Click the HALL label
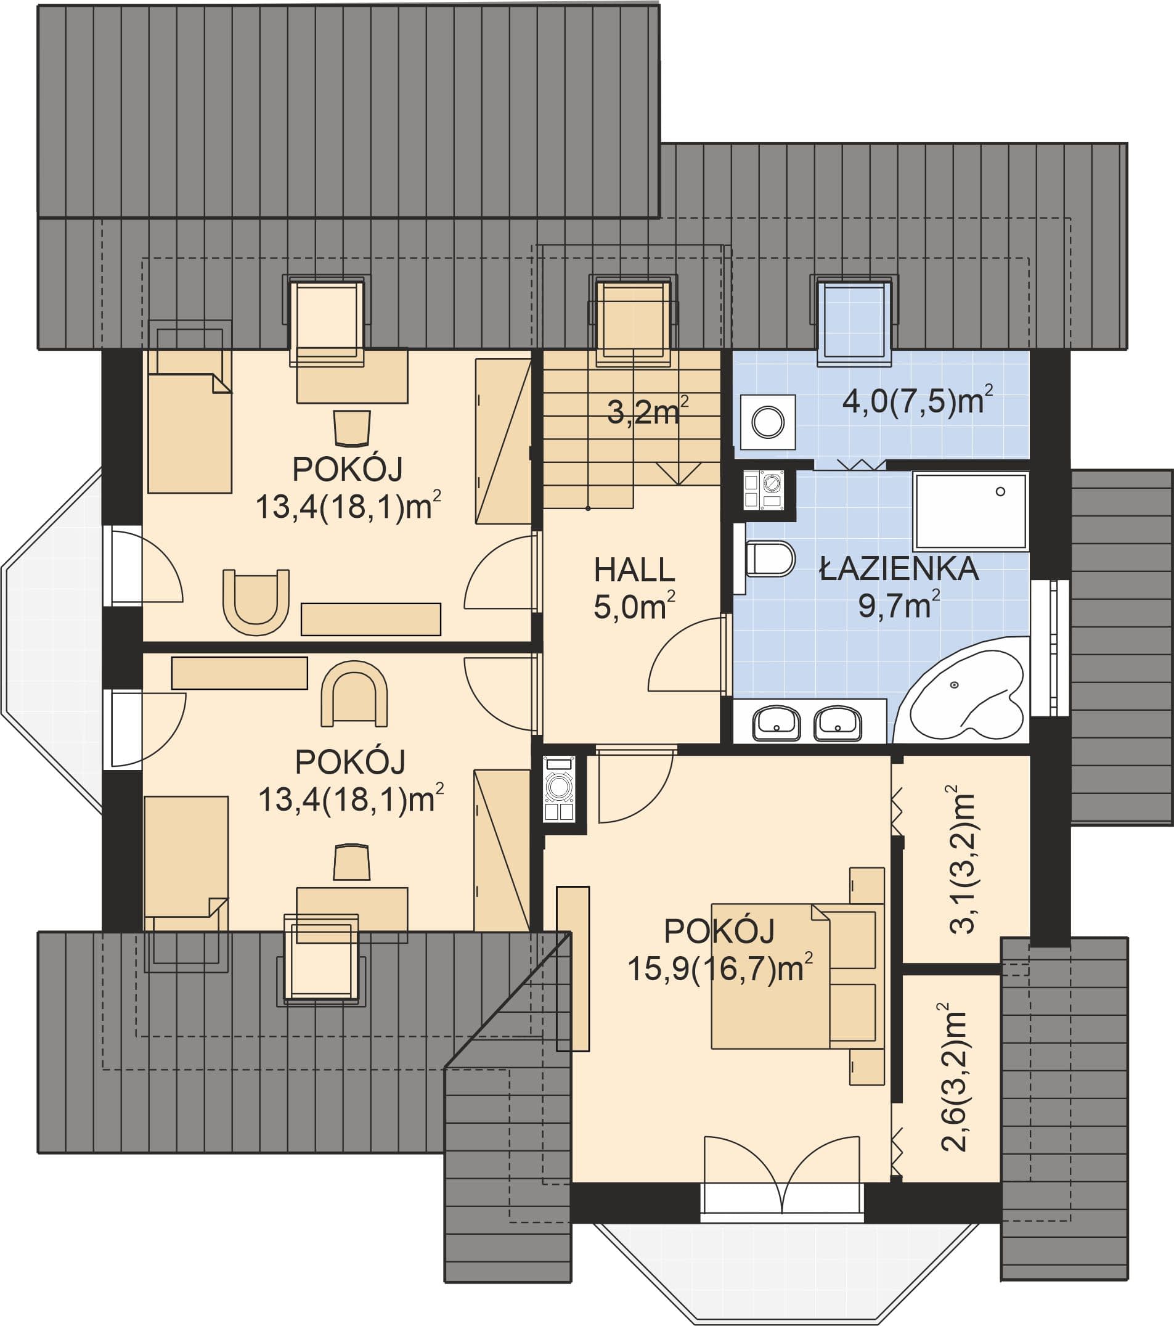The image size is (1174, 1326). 634,570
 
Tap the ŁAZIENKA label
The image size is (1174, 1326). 899,568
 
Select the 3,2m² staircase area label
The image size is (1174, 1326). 647,411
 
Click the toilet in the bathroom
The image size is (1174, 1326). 769,559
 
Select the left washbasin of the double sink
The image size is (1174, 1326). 776,723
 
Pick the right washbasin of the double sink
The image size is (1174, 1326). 838,723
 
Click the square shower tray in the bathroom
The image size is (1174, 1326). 971,512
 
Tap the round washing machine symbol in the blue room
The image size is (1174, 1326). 768,422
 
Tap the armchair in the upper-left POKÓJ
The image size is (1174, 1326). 256,602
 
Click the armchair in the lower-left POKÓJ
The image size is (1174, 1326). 354,694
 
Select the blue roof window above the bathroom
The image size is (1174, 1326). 854,319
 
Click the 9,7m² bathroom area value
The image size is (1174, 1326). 899,605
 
